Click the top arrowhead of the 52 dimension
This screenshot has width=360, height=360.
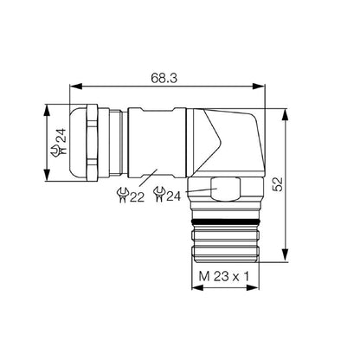pyautogui.click(x=285, y=112)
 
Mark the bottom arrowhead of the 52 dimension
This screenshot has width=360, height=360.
pyautogui.click(x=285, y=257)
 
